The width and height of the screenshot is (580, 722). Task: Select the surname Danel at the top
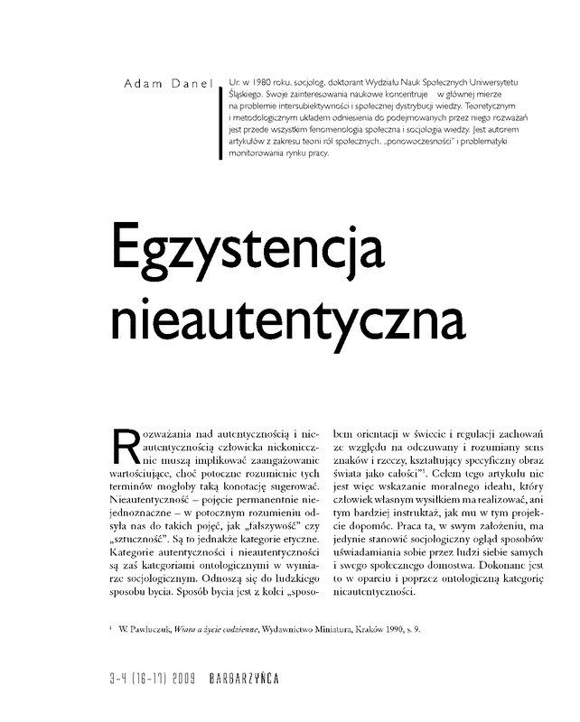pos(190,84)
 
